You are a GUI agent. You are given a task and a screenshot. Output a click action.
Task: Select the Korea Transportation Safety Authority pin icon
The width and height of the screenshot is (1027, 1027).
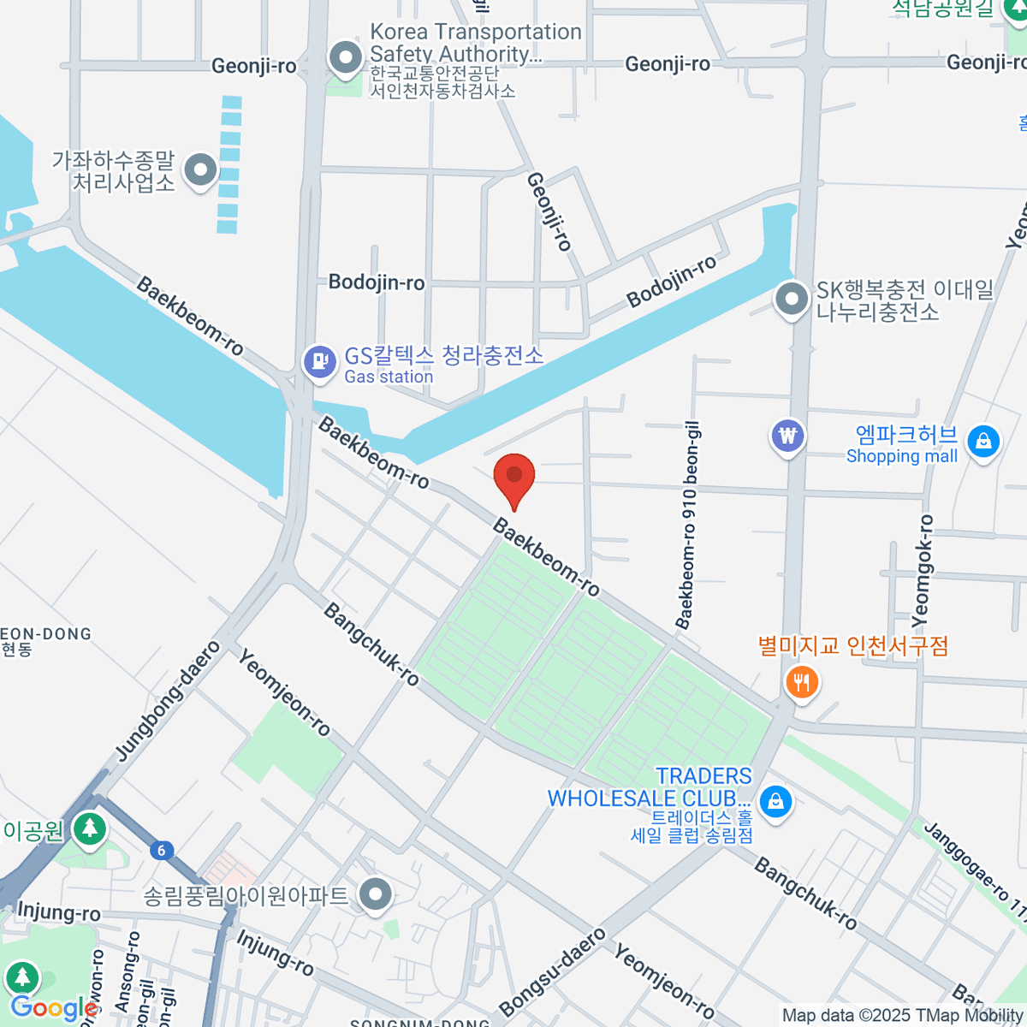click(x=347, y=59)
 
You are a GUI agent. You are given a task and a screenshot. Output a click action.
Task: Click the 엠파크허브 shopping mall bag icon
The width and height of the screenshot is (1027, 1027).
click(x=983, y=442)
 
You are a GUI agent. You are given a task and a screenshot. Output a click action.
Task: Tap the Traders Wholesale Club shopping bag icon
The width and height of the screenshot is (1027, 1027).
click(x=775, y=801)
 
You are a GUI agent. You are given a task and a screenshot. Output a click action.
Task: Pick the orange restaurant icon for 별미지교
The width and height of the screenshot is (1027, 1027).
click(x=802, y=682)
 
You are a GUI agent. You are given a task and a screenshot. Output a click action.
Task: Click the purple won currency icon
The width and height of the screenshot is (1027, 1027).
click(x=787, y=436)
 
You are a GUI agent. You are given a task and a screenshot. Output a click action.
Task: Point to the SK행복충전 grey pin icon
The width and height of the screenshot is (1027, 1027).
click(x=792, y=300)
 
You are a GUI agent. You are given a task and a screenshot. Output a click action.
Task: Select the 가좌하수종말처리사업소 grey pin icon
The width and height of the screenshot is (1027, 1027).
click(x=201, y=169)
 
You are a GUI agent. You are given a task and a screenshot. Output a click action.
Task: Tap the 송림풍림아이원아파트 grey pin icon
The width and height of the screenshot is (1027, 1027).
click(x=375, y=896)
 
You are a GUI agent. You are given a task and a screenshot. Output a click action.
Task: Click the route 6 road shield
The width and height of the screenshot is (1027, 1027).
click(x=161, y=850)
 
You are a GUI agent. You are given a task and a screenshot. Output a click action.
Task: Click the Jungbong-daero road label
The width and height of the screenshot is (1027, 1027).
click(x=168, y=700)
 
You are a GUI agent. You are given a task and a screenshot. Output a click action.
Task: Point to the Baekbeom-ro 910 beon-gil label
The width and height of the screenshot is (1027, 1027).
click(x=687, y=525)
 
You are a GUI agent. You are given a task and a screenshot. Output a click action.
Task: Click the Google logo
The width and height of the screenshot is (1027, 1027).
click(x=53, y=1008)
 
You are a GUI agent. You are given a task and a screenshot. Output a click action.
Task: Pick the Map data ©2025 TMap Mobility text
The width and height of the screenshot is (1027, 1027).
click(x=903, y=1016)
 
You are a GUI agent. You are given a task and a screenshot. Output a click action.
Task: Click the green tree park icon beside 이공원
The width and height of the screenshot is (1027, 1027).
click(x=89, y=828)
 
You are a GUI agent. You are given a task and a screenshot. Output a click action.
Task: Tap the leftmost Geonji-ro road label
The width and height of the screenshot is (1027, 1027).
click(x=253, y=66)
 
